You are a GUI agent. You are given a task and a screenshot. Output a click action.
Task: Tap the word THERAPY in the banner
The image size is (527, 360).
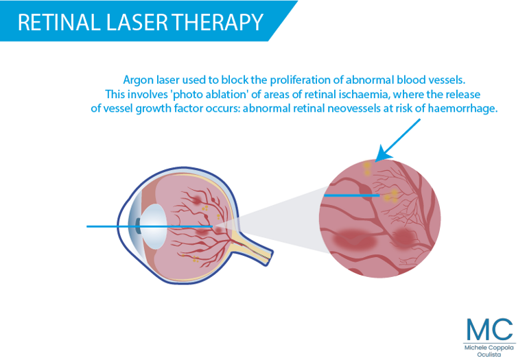pyautogui.click(x=218, y=22)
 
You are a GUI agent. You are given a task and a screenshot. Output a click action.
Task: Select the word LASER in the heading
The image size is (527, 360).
pyautogui.click(x=137, y=22)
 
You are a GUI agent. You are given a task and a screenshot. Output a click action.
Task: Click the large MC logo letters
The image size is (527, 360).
pyautogui.click(x=489, y=329)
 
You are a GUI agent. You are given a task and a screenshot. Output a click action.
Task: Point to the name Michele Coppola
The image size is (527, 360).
pyautogui.click(x=489, y=348)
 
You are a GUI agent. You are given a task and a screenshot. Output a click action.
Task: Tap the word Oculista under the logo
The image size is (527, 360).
pyautogui.click(x=489, y=355)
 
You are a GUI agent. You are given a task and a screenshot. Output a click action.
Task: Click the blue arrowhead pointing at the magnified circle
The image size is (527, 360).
pyautogui.click(x=383, y=154)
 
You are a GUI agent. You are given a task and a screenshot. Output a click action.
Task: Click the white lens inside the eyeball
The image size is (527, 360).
pyautogui.click(x=154, y=226)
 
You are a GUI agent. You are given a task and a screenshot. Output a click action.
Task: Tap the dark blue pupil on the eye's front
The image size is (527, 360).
pyautogui.click(x=138, y=226)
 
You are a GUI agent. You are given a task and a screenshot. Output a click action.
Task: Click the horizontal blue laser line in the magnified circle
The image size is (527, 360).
pyautogui.click(x=351, y=195)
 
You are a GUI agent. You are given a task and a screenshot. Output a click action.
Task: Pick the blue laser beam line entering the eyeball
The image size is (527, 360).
pyautogui.click(x=150, y=227)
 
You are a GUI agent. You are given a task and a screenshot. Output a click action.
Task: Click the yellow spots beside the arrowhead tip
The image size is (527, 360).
pyautogui.click(x=367, y=169)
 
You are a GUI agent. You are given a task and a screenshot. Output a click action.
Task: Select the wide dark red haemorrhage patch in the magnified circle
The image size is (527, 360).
pyautogui.click(x=354, y=240)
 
